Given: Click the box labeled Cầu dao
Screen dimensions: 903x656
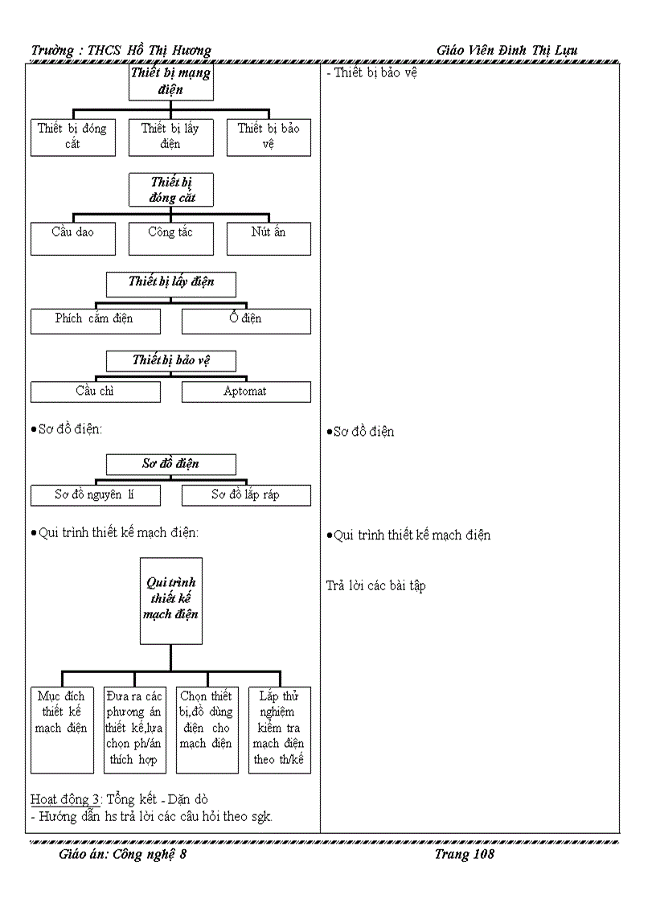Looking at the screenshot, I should click(x=73, y=237).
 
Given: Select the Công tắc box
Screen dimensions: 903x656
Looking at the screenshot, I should click(x=170, y=237).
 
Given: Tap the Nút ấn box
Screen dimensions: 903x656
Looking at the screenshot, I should click(x=269, y=237).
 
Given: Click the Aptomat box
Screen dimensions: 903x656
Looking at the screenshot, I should click(x=246, y=392).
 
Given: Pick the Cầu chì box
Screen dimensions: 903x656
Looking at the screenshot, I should click(x=95, y=392).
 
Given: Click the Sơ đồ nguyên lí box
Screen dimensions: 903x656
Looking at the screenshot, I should click(x=95, y=495).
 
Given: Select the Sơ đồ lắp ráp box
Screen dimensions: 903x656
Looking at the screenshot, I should click(x=246, y=495).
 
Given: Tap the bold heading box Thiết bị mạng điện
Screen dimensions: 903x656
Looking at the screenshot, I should click(x=170, y=82).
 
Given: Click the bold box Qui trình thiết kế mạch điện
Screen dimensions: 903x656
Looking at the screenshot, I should click(x=170, y=600).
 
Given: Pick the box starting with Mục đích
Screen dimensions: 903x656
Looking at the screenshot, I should click(x=62, y=729).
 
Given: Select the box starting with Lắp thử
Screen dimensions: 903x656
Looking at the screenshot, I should click(x=279, y=729).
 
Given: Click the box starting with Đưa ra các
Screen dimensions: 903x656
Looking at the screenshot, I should click(x=134, y=729).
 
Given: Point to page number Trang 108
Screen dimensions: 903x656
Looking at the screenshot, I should click(x=464, y=855).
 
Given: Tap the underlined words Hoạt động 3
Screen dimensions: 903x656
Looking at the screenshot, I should click(x=66, y=799).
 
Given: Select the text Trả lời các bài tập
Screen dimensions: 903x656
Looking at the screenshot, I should click(x=375, y=586).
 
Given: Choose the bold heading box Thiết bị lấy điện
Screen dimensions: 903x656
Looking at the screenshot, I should click(x=170, y=282).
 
